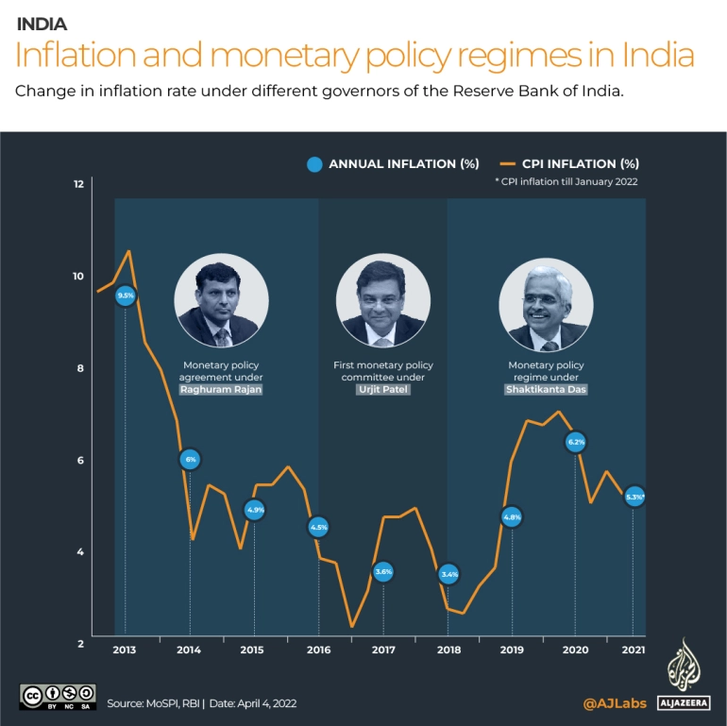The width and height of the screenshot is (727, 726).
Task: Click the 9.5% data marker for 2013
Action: point(126,295)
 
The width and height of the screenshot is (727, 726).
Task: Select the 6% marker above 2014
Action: point(190,460)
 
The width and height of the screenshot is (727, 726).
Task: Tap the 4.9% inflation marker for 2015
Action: point(255,510)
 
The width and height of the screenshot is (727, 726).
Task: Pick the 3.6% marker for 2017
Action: point(383,571)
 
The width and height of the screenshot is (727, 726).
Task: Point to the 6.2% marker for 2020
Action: point(576,441)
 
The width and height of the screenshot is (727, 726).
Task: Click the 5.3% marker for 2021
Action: point(634,496)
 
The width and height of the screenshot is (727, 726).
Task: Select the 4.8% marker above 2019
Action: point(512,517)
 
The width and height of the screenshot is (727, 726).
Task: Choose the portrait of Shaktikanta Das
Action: point(546,301)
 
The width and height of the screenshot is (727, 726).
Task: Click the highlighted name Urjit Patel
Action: point(383,389)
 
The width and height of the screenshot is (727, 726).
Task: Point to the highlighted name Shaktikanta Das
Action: point(547,389)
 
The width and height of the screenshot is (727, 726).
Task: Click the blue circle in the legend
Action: point(316,164)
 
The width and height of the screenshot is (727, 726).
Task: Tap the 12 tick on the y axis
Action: point(79,184)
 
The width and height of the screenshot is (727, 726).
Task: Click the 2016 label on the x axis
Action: point(318,650)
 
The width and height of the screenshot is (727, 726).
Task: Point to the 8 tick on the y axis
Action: point(79,368)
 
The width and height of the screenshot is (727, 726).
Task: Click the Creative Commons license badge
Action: point(57,696)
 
